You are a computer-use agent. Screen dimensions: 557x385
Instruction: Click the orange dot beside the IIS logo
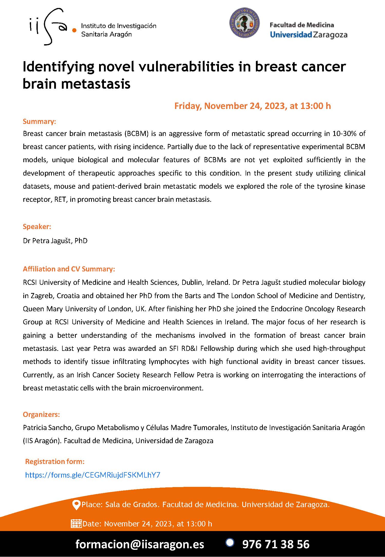tap(74, 30)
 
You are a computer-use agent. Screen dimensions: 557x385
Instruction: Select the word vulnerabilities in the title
tap(186, 67)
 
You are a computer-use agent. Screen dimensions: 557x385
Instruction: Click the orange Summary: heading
tap(39, 121)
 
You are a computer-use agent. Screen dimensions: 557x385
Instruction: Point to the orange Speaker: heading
tap(37, 226)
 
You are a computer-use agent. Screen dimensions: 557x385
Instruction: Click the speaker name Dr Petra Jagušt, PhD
tap(55, 241)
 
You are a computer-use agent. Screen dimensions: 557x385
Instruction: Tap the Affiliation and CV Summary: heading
tap(69, 269)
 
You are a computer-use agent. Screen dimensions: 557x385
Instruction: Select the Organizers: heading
tap(41, 414)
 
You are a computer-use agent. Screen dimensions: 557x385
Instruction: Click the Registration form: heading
tap(55, 461)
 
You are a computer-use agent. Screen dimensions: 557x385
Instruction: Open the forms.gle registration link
tap(93, 475)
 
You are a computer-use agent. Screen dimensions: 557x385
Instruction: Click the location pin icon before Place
tap(76, 505)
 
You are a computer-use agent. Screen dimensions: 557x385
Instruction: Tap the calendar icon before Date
tap(76, 524)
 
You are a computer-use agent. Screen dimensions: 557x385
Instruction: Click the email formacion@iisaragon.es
tap(140, 544)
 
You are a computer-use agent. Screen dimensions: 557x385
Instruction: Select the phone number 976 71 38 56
tap(276, 544)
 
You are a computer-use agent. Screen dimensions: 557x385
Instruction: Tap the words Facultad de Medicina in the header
tap(302, 25)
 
